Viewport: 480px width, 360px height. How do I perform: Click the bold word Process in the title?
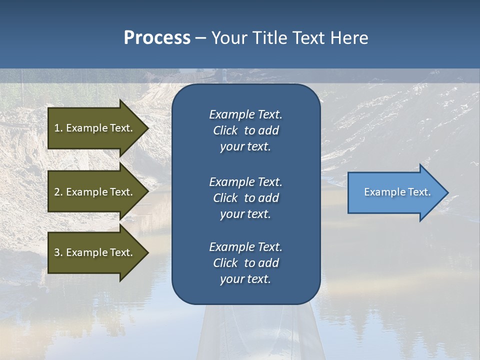[x=157, y=38]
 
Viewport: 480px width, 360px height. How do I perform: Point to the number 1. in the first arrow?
[x=58, y=128]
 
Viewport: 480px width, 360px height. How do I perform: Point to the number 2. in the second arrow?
[x=58, y=192]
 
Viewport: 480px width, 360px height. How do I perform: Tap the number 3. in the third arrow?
[x=58, y=252]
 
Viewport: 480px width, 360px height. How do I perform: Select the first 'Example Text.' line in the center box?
[x=245, y=114]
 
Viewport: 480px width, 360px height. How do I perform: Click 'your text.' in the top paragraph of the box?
[x=245, y=146]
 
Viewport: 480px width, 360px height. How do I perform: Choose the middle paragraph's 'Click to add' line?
[x=245, y=198]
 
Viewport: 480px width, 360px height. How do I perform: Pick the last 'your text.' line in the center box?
[x=245, y=279]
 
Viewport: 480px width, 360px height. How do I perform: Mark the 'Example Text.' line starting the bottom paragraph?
[x=245, y=247]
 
